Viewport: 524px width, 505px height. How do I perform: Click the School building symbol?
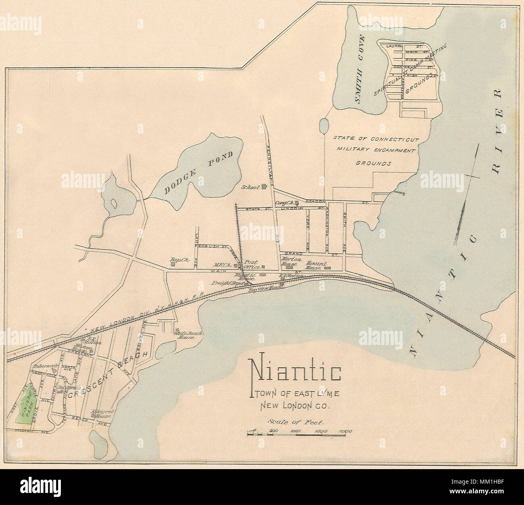click(x=264, y=186)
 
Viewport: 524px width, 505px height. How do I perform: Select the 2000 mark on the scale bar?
click(x=345, y=431)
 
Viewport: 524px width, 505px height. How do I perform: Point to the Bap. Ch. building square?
click(x=173, y=265)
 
